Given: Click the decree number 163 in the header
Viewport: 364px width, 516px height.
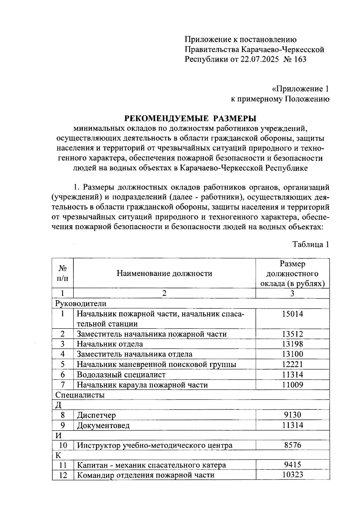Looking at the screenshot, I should coord(300,59).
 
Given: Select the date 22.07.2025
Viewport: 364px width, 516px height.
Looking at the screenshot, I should coord(259,59).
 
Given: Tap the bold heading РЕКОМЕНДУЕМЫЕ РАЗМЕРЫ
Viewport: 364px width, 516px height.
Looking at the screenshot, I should coord(190,118).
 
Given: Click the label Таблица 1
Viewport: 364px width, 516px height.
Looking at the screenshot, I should coord(311,244).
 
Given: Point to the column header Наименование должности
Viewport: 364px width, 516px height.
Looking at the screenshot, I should coord(164,273).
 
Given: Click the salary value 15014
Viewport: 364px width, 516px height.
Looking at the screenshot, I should coord(292,314).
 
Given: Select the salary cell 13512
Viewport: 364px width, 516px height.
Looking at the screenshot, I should coord(292,334).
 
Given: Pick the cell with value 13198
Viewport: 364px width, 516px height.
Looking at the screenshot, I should coord(292,344).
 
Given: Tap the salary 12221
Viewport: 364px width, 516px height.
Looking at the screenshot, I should coord(292,364).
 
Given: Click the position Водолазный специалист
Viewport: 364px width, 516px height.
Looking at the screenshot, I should coord(121,374).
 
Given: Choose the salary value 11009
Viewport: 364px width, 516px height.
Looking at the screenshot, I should coord(292,385).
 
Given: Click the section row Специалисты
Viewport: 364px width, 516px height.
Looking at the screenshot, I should coord(80,395).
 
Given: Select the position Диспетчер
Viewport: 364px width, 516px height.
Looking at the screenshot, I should coord(96,415).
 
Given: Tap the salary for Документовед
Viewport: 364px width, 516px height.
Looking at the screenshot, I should coord(292,425).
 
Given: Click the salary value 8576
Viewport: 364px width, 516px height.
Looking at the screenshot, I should coord(292,445).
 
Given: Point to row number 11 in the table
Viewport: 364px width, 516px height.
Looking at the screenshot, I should coord(62,465).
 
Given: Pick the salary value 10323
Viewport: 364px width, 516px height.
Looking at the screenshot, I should coord(292,475).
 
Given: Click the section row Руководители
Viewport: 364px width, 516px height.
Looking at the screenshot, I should coord(81,303).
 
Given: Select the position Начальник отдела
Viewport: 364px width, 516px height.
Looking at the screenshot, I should coord(110,344).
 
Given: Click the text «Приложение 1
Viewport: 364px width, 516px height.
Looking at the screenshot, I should coord(300,89).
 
